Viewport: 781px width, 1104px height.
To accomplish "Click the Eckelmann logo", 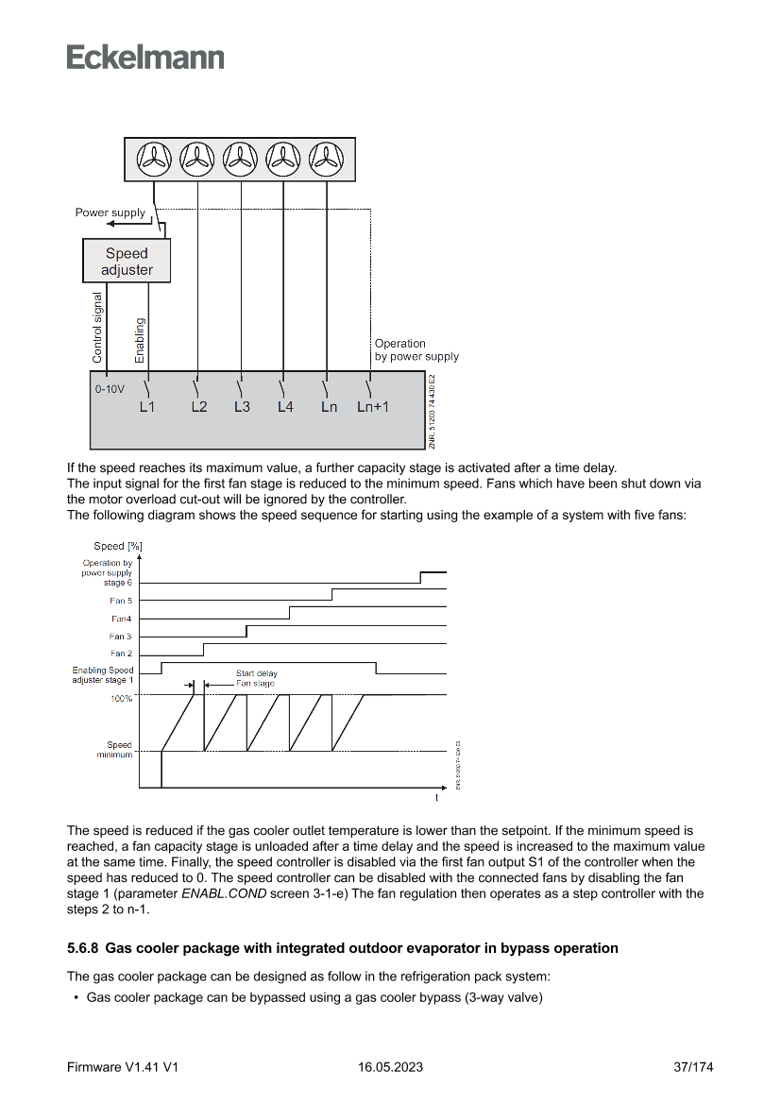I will [145, 58].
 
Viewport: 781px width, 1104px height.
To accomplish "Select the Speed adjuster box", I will [127, 262].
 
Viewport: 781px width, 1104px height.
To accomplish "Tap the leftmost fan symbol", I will [154, 160].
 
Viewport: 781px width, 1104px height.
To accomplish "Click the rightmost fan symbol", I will [327, 160].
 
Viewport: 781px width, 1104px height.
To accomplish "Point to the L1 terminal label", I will [146, 407].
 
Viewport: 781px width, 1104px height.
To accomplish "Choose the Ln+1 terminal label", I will [373, 407].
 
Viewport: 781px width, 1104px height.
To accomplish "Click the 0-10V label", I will [110, 389].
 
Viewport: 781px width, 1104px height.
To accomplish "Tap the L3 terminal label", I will [242, 407].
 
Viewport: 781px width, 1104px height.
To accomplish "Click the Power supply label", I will [110, 212].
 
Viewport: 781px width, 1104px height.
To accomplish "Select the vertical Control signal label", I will [97, 329].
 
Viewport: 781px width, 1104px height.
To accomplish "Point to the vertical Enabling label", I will [140, 340].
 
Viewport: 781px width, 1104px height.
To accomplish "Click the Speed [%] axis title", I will [118, 546].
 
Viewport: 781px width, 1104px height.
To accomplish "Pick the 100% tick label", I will [122, 699].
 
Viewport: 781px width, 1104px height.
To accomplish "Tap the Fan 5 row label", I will [121, 601].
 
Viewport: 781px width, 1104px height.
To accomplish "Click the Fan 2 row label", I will [121, 654].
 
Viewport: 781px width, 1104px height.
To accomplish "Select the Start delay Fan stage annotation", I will [256, 678].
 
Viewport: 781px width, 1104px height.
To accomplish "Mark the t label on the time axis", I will [436, 798].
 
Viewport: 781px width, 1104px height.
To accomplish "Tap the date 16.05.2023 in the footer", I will [390, 1067].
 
